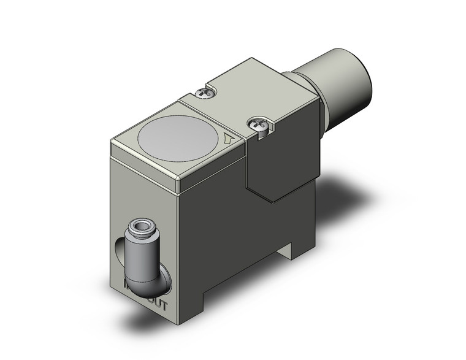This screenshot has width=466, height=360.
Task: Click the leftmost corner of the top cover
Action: [110, 142]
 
